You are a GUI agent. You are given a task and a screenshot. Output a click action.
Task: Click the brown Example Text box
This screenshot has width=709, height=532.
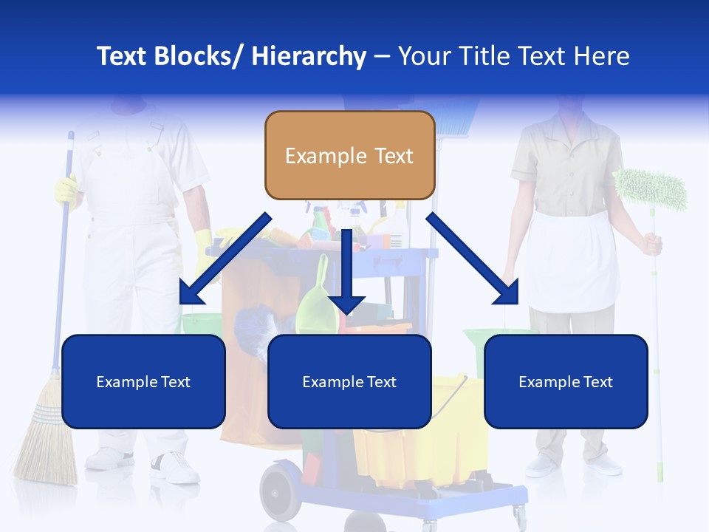[x=349, y=156]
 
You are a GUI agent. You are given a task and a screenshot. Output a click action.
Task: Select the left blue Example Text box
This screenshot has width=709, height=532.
[x=143, y=381]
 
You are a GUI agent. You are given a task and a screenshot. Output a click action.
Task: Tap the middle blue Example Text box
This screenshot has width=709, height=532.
[x=349, y=381]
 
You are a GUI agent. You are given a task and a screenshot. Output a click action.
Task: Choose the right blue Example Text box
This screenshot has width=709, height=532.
[x=566, y=381]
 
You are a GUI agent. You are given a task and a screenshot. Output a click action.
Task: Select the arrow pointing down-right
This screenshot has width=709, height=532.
[x=473, y=259]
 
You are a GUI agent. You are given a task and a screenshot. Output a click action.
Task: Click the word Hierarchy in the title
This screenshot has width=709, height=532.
[x=308, y=56]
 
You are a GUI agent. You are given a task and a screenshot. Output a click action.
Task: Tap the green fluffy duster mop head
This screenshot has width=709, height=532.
[x=650, y=188]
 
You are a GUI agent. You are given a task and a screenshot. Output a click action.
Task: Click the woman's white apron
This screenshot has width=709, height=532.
[x=567, y=259]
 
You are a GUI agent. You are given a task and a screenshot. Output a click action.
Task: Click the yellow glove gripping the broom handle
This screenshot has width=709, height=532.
[x=66, y=191]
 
